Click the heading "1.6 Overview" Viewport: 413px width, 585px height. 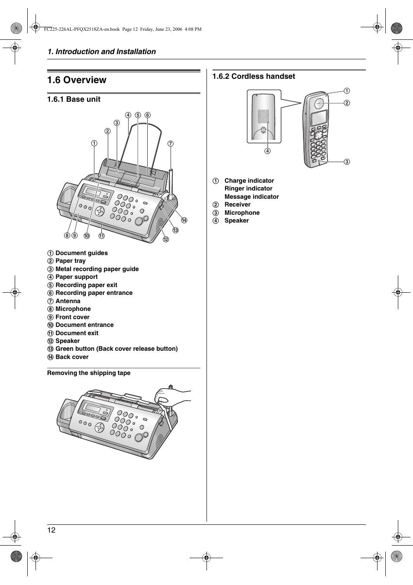coord(77,80)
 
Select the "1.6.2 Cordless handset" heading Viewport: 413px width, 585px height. coord(254,76)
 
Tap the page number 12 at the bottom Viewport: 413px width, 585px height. coord(52,530)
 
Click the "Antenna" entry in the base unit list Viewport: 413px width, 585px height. coord(68,301)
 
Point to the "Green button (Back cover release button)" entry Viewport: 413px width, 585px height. coord(116,349)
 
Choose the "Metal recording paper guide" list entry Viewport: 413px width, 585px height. coord(97,269)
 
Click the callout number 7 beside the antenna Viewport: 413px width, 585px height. coord(171,143)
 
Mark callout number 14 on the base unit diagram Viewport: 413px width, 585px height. coord(184,220)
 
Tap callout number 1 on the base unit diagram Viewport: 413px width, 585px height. coord(94,143)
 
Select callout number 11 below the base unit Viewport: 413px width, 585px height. coord(101,236)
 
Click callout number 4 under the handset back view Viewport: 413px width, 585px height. coord(268,151)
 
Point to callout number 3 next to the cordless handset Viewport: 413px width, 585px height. coord(347,162)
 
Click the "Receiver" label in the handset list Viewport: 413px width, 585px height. coord(237,204)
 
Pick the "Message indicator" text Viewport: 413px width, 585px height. coord(252,197)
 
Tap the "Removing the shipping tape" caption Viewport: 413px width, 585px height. coord(89,373)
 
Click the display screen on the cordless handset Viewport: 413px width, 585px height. coord(319,118)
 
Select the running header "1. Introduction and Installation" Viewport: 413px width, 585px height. coord(102,52)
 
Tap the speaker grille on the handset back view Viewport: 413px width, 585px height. coord(263,116)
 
